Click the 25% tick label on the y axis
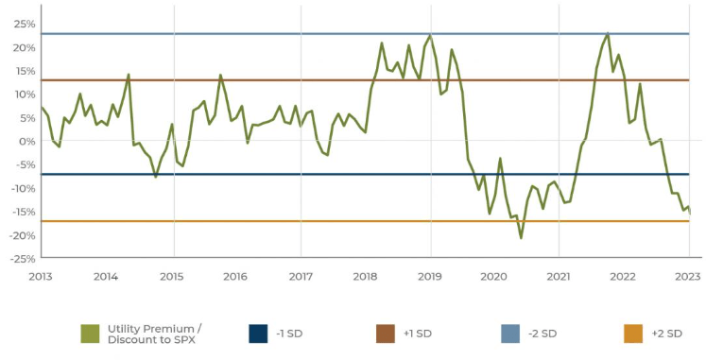[x=25, y=24]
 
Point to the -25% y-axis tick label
[x=23, y=258]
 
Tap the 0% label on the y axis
[x=27, y=141]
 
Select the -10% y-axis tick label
[x=23, y=188]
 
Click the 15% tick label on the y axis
[x=25, y=71]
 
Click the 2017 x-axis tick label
[x=300, y=276]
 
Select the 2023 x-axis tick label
[x=687, y=276]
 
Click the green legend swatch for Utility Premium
[x=91, y=334]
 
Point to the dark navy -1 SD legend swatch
[x=258, y=334]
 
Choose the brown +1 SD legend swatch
[x=386, y=334]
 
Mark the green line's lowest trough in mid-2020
[x=521, y=238]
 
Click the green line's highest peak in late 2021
[x=608, y=33]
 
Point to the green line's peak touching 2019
[x=431, y=36]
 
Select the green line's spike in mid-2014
[x=129, y=74]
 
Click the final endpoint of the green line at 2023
[x=690, y=213]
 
